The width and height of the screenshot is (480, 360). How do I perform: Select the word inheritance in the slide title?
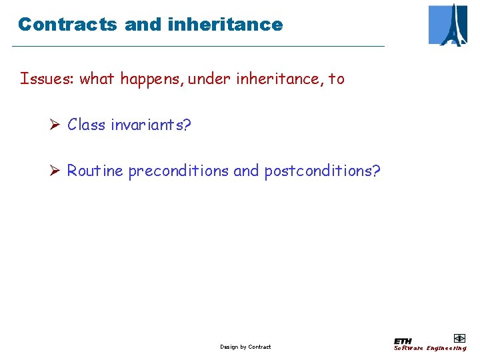pyautogui.click(x=226, y=25)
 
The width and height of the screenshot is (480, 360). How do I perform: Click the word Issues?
pyautogui.click(x=47, y=79)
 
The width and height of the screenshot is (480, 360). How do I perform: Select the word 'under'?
pyautogui.click(x=209, y=79)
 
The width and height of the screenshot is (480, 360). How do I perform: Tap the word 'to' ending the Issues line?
pyautogui.click(x=337, y=79)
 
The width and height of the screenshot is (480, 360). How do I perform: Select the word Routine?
pyautogui.click(x=95, y=171)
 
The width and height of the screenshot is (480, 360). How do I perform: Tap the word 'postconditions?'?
pyautogui.click(x=323, y=171)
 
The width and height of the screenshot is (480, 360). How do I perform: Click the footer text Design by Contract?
pyautogui.click(x=245, y=347)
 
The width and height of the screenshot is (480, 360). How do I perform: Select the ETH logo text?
pyautogui.click(x=403, y=341)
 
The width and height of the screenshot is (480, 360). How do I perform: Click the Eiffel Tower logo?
pyautogui.click(x=448, y=25)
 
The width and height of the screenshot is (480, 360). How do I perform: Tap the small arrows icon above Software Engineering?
pyautogui.click(x=459, y=338)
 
